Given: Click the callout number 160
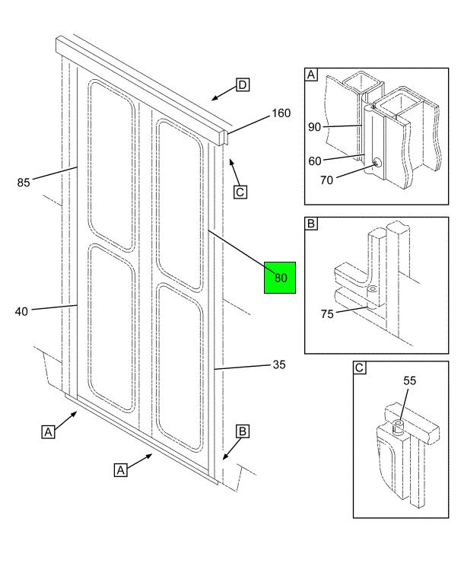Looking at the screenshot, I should click(281, 114).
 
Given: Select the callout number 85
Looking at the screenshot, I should click(24, 182).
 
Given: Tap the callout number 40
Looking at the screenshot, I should click(22, 310).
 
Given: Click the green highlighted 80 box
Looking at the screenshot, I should click(280, 278).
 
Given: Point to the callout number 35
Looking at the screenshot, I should click(279, 364).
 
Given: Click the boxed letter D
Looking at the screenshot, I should click(242, 84).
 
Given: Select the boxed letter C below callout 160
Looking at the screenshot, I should click(240, 192).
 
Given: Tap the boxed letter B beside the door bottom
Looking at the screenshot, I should click(242, 431).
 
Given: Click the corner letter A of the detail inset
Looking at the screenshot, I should click(311, 75).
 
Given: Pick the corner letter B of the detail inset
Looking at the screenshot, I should click(311, 224).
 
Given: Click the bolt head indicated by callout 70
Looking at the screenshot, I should click(377, 162).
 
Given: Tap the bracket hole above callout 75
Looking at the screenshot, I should click(373, 290).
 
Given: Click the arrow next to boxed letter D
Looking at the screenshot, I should click(221, 94).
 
